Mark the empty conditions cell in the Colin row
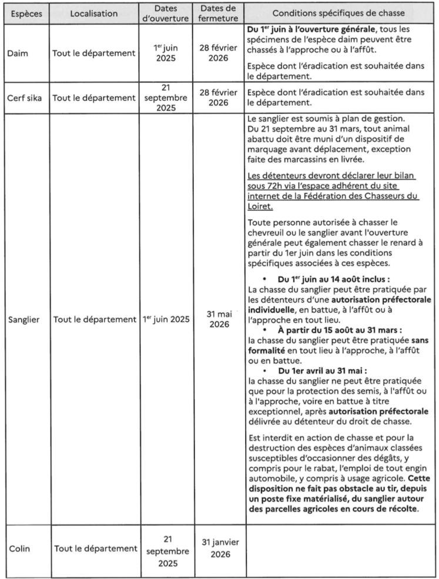point(340,549)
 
